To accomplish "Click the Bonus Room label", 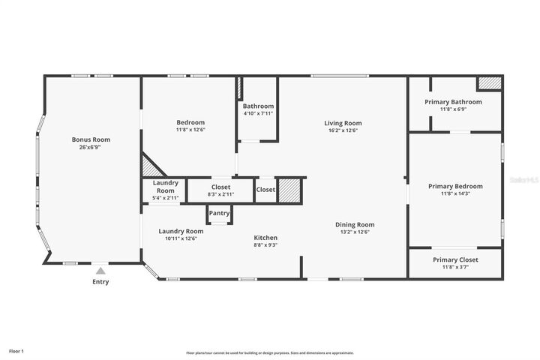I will click(x=91, y=139).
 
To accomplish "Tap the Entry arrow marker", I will click(x=100, y=271).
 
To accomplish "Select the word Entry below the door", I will click(x=100, y=282).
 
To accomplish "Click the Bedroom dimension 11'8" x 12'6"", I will click(x=190, y=130).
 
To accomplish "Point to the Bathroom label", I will click(x=258, y=106).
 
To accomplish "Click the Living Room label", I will click(x=343, y=123).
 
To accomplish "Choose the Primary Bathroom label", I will click(x=453, y=102).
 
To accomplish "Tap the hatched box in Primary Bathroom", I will click(x=489, y=83).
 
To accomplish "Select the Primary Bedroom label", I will click(x=455, y=186).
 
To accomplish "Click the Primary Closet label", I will click(x=455, y=259).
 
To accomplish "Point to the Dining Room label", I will click(x=354, y=224).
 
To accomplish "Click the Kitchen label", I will click(x=265, y=238).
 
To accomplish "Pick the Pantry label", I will click(x=219, y=214).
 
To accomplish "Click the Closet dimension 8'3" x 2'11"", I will click(x=220, y=195).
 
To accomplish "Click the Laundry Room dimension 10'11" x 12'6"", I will click(x=181, y=238).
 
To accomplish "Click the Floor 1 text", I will click(x=16, y=351).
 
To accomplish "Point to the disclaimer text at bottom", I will click(x=270, y=352).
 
